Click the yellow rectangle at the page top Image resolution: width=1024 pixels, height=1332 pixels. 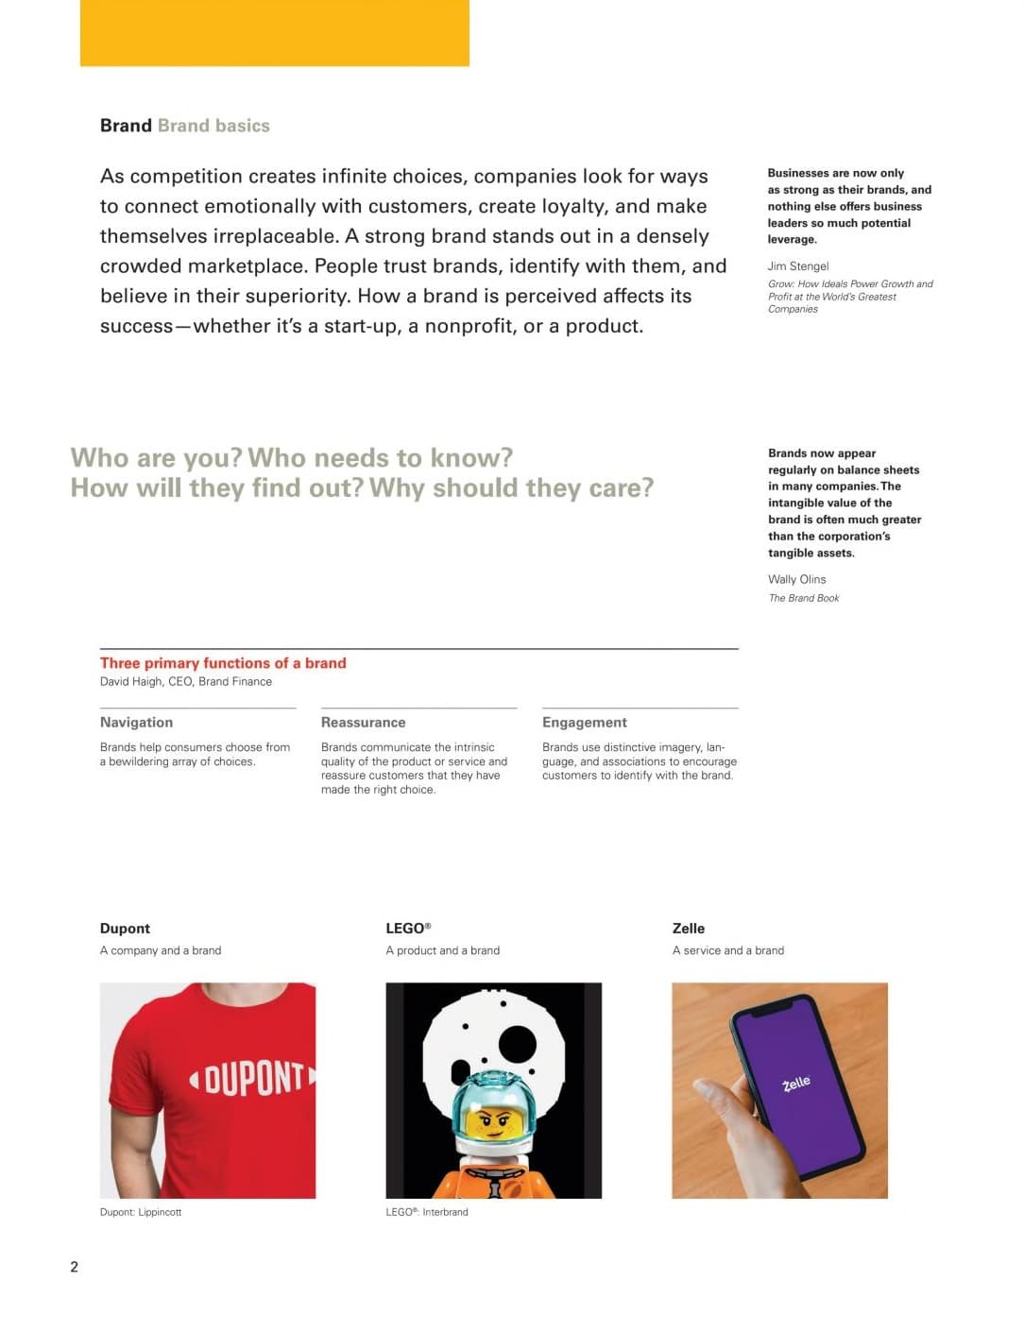[274, 33]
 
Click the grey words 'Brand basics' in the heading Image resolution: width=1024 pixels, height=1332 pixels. [213, 126]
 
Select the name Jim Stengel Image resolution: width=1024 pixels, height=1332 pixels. [798, 266]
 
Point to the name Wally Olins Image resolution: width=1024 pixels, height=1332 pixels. [796, 579]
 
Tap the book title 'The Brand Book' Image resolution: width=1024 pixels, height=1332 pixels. [803, 598]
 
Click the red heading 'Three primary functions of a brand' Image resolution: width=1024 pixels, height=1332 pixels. [223, 663]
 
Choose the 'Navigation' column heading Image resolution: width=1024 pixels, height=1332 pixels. [136, 723]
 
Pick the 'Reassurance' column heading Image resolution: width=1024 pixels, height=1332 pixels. [363, 723]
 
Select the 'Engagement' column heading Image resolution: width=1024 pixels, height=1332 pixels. [584, 723]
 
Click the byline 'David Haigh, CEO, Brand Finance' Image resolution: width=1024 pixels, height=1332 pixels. [186, 682]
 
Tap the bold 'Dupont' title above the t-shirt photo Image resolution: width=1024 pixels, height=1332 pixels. [125, 929]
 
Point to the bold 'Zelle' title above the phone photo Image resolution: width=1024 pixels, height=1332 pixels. [688, 929]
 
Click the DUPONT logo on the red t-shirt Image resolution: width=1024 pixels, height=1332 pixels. [253, 1078]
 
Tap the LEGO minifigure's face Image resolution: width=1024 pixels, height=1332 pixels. [491, 1120]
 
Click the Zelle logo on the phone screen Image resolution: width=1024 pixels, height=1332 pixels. [796, 1084]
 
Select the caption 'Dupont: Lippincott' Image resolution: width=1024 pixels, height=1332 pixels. [141, 1212]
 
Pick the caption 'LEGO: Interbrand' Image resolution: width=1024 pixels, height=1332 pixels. [426, 1212]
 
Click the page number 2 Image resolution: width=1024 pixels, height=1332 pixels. [75, 1267]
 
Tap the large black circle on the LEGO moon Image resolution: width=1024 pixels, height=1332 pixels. [517, 1044]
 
